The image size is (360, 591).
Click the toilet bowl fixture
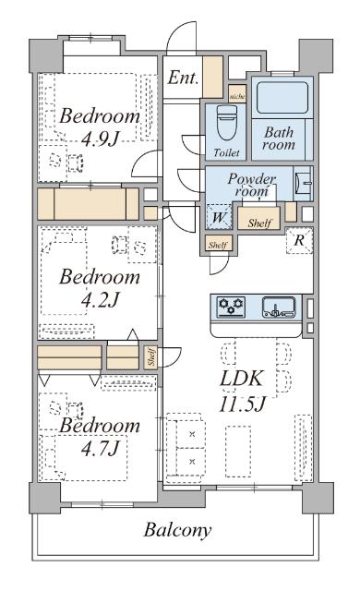(x=227, y=123)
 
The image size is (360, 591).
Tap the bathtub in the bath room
(x=282, y=97)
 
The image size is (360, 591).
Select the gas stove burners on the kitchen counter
(x=231, y=306)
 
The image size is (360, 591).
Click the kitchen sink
(x=279, y=307)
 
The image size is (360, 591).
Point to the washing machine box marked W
(x=219, y=217)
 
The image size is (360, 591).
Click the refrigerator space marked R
(x=299, y=240)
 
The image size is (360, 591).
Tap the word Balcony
(x=177, y=530)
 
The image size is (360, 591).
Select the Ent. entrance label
(x=183, y=78)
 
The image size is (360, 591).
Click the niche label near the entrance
(x=237, y=96)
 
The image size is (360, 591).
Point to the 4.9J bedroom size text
(x=100, y=139)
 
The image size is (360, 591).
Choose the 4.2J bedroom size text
(x=100, y=300)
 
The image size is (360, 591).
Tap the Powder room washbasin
(x=303, y=183)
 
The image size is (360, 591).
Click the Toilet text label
(x=226, y=152)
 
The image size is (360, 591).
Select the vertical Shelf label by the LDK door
(x=151, y=357)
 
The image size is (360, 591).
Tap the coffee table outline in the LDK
(x=238, y=452)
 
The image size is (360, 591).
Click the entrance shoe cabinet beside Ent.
(x=212, y=77)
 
